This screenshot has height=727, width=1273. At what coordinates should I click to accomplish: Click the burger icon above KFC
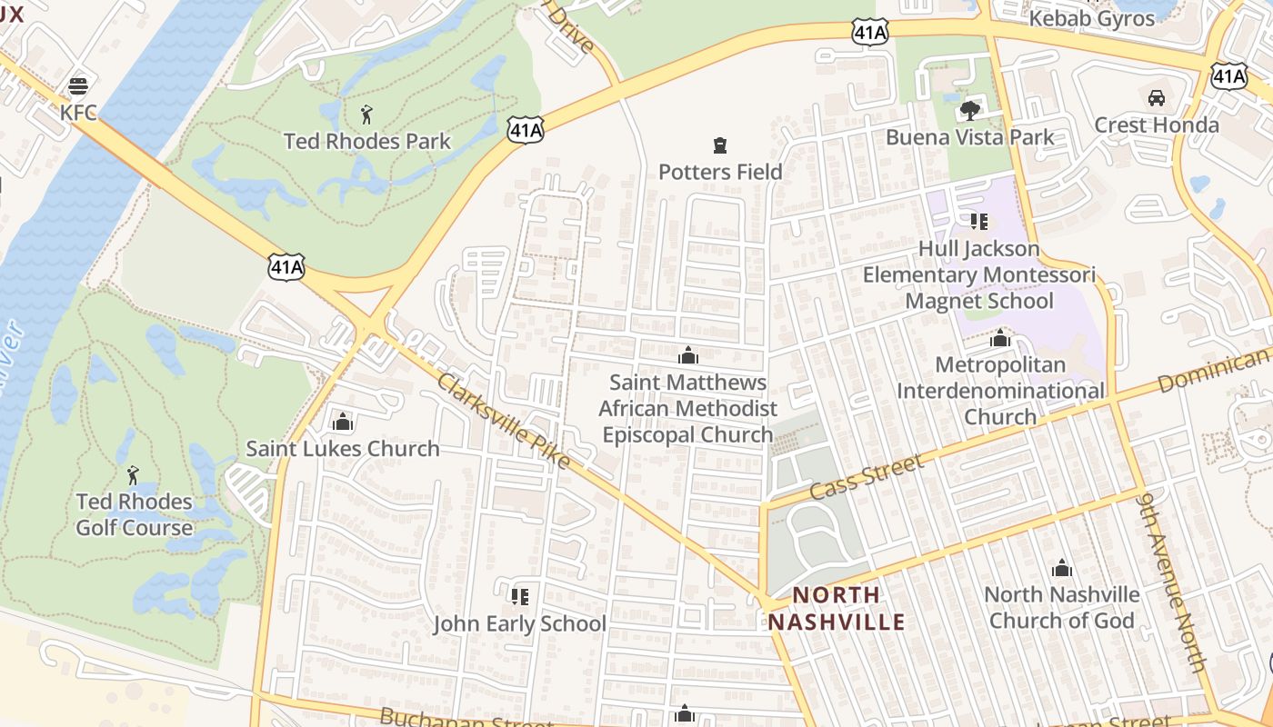78,86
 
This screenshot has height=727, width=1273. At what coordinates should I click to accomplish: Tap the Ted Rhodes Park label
366,141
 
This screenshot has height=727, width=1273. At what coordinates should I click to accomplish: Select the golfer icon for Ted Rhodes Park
366,115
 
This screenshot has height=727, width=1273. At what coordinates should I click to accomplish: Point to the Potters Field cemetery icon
720,144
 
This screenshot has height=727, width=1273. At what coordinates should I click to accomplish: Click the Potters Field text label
720,171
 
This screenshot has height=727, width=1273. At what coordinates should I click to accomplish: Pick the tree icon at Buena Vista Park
970,111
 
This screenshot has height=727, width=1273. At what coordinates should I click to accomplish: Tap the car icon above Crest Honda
1157,98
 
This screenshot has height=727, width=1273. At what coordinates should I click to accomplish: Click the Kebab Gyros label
1091,18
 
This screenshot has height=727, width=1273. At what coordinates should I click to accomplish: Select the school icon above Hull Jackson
978,222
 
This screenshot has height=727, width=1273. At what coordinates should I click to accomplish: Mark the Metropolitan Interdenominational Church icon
1000,339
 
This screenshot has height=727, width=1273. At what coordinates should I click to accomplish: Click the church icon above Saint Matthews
688,355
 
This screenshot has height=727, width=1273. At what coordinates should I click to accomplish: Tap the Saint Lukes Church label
343,448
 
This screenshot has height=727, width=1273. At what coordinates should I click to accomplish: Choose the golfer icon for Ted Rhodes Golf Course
134,474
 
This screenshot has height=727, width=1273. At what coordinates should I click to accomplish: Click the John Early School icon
519,597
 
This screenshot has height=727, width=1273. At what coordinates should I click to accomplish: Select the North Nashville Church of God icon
1061,569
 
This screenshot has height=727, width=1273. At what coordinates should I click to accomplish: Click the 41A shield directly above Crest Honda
1228,76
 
